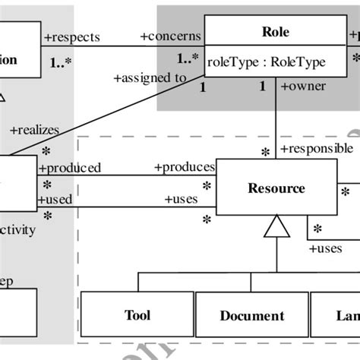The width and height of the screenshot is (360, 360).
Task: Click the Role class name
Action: tap(275, 33)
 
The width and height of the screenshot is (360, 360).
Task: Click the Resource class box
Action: tap(276, 188)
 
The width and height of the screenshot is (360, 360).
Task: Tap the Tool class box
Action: tap(137, 315)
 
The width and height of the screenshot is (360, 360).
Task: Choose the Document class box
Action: tap(252, 315)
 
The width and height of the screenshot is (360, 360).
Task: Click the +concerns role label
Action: tap(171, 36)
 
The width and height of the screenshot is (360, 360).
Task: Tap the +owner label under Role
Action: tap(303, 86)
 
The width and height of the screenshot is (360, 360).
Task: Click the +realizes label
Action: tap(34, 131)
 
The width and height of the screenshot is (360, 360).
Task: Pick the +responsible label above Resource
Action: tap(316, 148)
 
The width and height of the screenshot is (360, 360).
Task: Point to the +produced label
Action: tap(69, 168)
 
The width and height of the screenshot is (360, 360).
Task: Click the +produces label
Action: tap(185, 167)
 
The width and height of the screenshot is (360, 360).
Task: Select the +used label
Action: tap(55, 199)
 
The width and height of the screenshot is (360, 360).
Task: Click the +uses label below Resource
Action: tap(325, 248)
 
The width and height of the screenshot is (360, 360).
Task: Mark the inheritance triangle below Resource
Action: tap(276, 226)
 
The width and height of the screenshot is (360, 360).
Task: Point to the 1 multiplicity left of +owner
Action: tap(263, 87)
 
